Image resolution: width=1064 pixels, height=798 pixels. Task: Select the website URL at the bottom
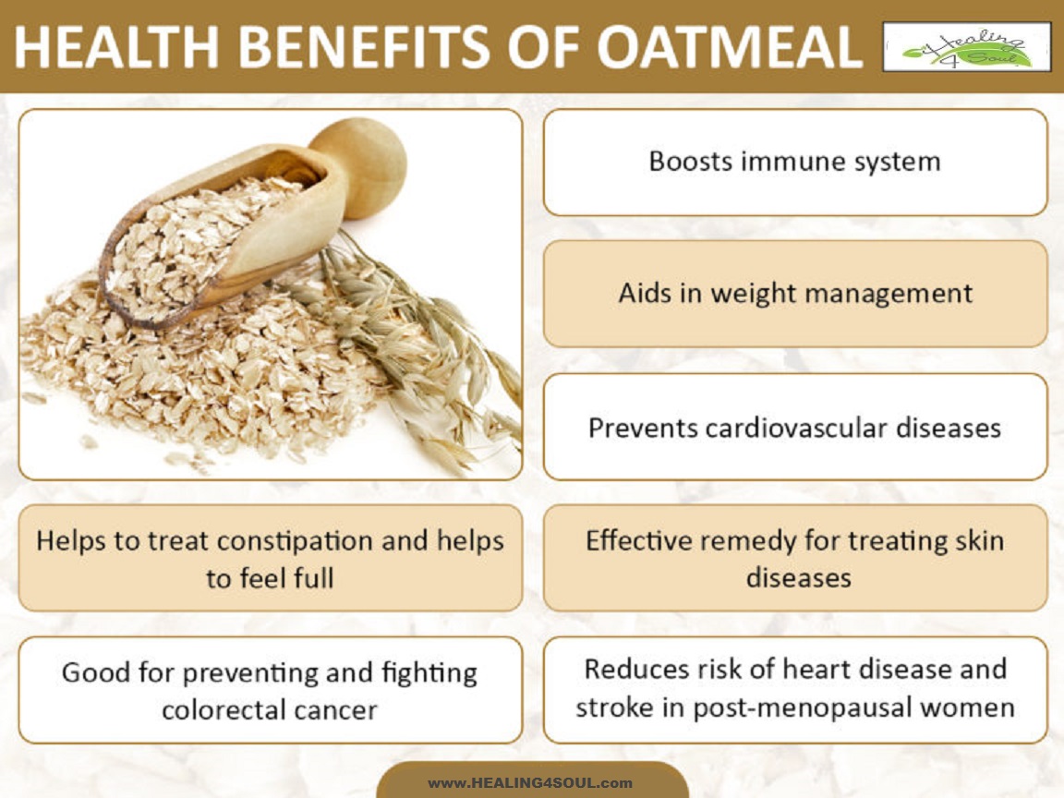(x=530, y=782)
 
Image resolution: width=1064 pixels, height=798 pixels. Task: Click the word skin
(x=977, y=540)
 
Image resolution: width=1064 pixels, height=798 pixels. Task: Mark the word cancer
(x=339, y=710)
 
